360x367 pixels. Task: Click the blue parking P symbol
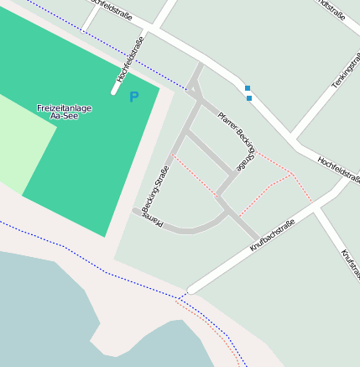[133, 97]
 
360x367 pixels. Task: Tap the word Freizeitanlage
[65, 108]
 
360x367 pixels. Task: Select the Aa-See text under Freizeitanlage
[65, 117]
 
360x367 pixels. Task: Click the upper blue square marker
[247, 88]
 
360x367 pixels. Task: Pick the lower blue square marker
[249, 98]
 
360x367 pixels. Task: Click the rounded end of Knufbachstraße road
[191, 290]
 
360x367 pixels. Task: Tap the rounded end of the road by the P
[115, 90]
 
